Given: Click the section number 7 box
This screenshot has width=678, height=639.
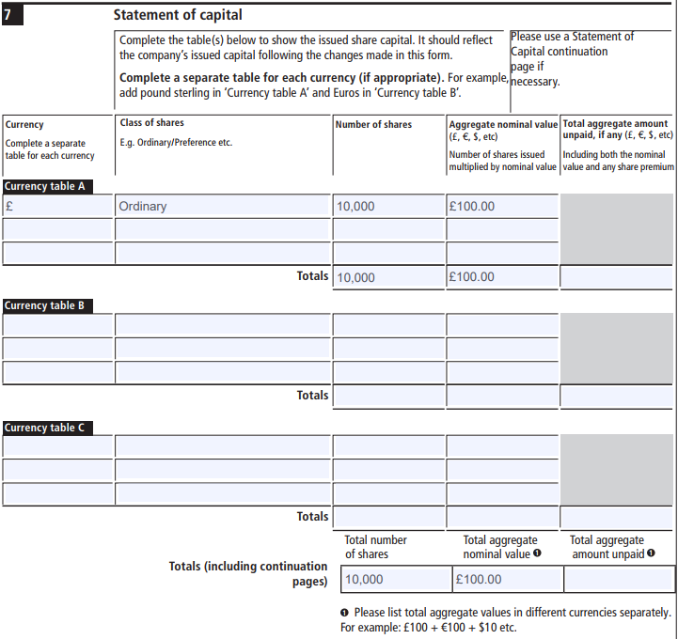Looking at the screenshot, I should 13,15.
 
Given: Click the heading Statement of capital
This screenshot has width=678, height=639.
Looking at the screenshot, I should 178,15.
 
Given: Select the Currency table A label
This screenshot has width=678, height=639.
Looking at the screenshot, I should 45,186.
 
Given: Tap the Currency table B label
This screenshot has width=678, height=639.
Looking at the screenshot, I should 45,305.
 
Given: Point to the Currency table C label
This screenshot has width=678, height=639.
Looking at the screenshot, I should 45,428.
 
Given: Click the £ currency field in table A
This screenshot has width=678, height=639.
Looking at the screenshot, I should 57,206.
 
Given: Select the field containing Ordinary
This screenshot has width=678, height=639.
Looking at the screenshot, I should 223,206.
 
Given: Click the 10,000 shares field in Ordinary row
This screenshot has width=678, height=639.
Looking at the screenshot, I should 388,206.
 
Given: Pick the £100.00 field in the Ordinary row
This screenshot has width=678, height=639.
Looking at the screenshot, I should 502,206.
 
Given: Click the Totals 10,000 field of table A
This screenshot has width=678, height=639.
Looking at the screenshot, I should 388,277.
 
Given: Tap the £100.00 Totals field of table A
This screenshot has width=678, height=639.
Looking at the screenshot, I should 502,277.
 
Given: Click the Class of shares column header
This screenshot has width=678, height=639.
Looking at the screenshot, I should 152,123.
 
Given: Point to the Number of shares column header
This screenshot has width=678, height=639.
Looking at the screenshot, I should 374,124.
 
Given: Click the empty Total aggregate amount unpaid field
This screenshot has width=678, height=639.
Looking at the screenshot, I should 619,579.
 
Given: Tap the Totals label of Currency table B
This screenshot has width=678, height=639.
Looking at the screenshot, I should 313,395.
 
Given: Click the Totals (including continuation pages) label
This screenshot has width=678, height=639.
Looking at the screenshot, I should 248,574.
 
